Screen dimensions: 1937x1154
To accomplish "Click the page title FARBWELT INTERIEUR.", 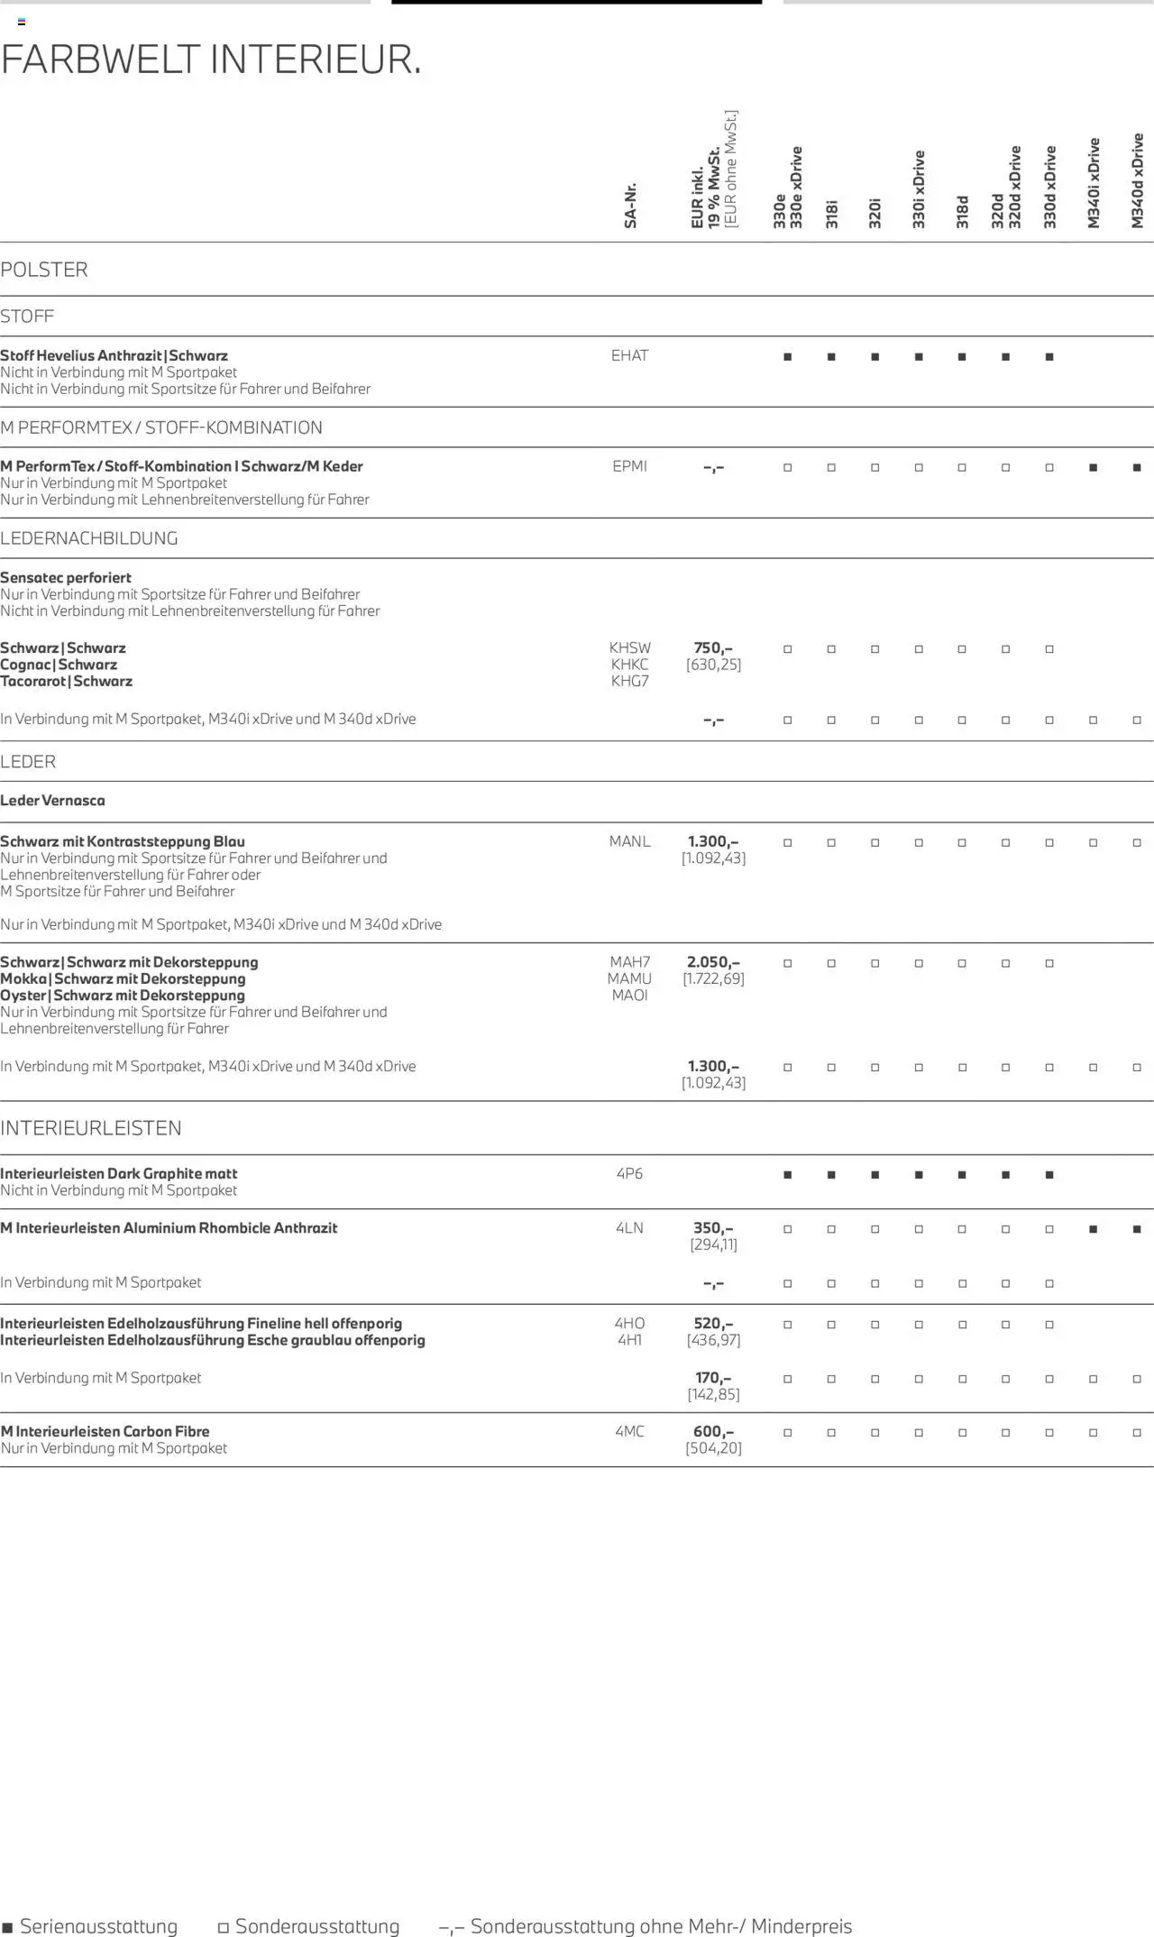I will pos(211,60).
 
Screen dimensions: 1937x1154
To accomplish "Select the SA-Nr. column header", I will pos(630,206).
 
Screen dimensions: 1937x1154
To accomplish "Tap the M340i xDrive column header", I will pos(1094,183).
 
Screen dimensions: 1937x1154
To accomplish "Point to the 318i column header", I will pos(831,214).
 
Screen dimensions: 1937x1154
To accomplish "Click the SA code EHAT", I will pos(629,355).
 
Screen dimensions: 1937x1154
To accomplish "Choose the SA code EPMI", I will pos(629,466).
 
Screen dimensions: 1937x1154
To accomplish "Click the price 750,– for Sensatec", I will pos(713,647).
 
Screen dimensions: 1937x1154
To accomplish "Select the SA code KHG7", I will pos(629,681).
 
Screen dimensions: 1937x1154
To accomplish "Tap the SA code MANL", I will pos(629,841).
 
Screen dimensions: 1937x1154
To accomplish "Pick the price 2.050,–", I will pos(713,962).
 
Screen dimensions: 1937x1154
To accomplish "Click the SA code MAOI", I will pos(629,996).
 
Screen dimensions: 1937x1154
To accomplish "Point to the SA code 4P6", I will pos(629,1173).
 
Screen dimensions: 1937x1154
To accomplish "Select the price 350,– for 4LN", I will pos(713,1227).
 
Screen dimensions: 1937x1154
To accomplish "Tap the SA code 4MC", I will pos(629,1431).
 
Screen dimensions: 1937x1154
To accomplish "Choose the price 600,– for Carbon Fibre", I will pos(713,1431).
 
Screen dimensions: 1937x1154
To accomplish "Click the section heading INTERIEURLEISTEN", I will pos(91,1128).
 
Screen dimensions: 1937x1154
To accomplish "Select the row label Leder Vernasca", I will pos(52,800).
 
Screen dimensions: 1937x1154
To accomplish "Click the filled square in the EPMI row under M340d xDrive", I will pos(1137,467).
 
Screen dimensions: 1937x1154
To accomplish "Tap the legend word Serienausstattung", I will pos(98,1926).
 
